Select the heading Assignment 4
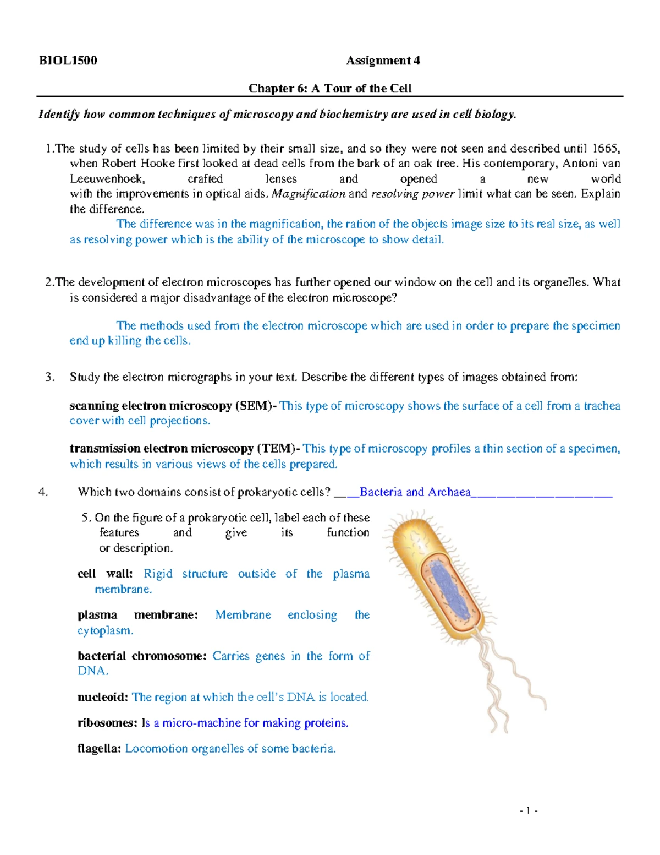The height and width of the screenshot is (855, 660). pos(383,61)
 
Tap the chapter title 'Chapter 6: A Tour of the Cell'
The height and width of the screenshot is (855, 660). pos(330,88)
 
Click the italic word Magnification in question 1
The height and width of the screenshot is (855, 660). pos(309,194)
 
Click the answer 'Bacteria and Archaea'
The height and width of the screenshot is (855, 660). pos(415,492)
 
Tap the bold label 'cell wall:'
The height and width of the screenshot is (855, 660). pos(105,574)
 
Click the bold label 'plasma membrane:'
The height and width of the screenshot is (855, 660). pos(137,615)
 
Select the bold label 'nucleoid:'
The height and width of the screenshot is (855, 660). pos(103,697)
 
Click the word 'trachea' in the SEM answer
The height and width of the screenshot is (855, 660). pos(602,406)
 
